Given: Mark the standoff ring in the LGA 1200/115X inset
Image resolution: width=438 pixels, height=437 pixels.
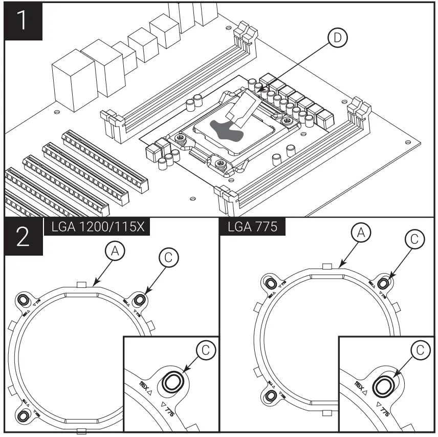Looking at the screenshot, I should [x=172, y=382].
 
